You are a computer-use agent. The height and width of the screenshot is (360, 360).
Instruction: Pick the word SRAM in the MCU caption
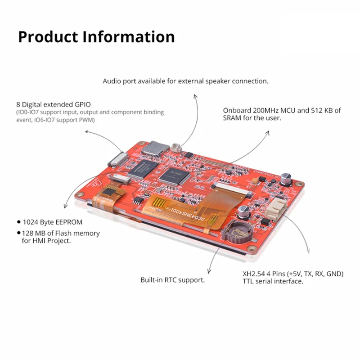[x=233, y=118]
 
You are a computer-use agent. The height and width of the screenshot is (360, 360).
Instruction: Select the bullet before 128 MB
[x=18, y=234]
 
